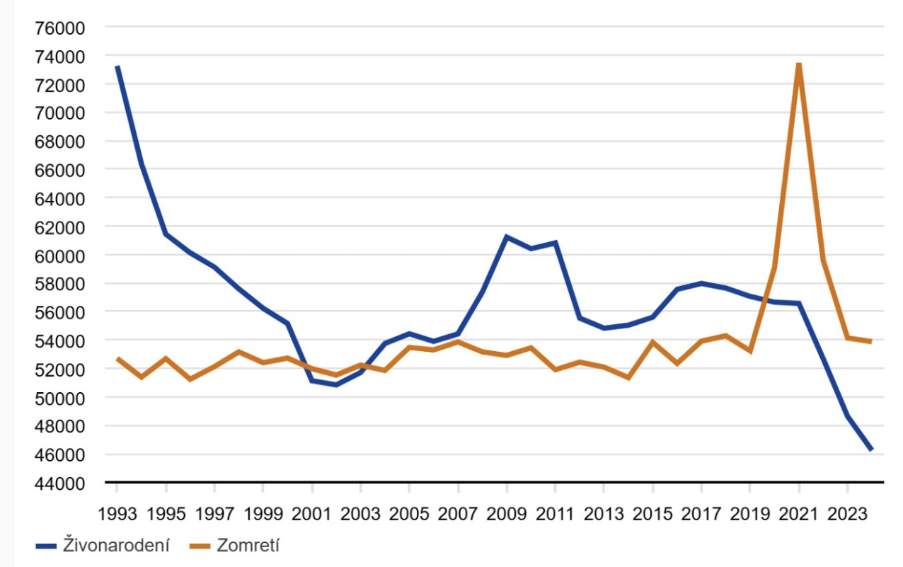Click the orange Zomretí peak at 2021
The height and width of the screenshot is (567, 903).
798,64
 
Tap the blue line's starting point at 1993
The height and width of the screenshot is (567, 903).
117,67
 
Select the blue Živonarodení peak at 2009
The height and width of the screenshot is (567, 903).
507,236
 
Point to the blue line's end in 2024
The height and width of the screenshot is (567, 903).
871,449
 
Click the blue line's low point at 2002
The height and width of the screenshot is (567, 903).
336,384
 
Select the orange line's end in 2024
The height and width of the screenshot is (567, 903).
871,341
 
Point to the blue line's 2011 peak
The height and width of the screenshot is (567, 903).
556,242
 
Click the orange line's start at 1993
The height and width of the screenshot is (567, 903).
117,358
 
